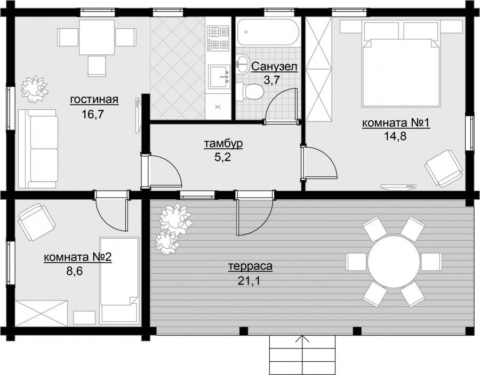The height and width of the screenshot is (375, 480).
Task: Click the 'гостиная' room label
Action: tap(94, 100)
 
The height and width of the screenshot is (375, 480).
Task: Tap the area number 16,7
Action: tap(93, 115)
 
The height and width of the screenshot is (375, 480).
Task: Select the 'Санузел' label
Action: tap(274, 67)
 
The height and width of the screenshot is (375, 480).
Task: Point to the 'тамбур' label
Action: tap(223, 143)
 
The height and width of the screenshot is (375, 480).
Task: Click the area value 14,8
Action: tap(395, 136)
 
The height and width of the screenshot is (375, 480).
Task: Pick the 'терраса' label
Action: tap(251, 266)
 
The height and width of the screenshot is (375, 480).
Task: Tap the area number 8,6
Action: tap(75, 271)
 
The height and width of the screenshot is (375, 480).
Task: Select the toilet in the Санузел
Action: tap(250, 92)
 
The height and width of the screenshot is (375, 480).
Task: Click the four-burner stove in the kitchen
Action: tap(219, 38)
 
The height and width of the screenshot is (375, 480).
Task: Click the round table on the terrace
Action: tap(394, 262)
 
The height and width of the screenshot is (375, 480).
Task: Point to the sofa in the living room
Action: tap(38, 149)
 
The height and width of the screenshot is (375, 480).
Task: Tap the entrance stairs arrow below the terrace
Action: tap(302, 355)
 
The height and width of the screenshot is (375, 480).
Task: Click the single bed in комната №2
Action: tap(119, 280)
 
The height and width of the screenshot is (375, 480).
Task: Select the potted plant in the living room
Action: tap(34, 89)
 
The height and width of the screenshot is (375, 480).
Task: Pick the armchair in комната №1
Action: tap(443, 168)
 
